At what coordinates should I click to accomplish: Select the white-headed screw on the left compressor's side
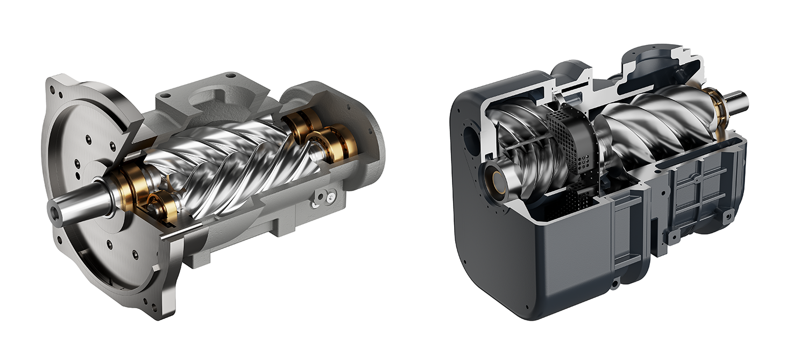click(x=317, y=203)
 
